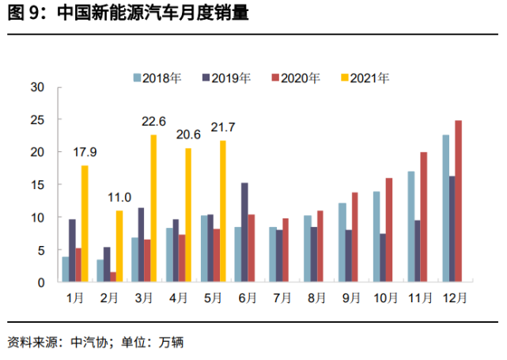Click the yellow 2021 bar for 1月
[85, 224]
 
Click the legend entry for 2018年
[158, 78]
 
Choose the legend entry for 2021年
[366, 78]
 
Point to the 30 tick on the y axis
[36, 87]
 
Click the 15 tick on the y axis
[36, 184]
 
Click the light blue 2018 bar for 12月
[445, 208]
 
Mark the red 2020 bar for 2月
[113, 277]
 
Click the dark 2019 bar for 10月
[383, 258]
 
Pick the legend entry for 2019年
[227, 78]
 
